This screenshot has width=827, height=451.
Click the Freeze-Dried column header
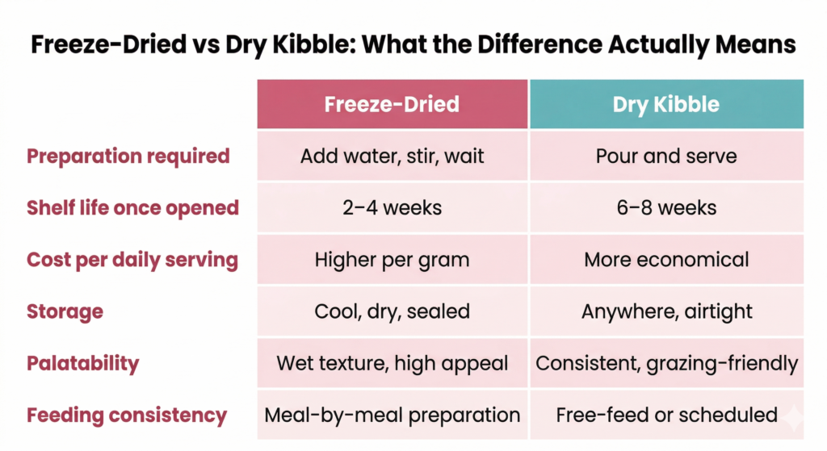point(392,104)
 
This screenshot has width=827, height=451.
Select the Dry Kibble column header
point(666,104)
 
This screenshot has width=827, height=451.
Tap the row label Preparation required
point(128,156)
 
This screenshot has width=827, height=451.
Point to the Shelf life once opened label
point(133,207)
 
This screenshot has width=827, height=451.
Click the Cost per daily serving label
point(132,260)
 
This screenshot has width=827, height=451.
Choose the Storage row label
point(65,311)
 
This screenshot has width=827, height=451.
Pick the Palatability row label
point(82,363)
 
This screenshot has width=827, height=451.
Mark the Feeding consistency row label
point(127,416)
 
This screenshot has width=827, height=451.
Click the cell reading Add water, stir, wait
point(392,156)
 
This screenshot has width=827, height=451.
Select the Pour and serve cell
point(666,156)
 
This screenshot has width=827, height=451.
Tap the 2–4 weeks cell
point(392,207)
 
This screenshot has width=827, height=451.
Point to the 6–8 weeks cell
point(666,207)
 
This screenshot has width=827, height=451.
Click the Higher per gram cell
point(392,260)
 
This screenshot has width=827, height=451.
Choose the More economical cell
point(666,260)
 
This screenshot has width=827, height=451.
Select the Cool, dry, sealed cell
point(392,311)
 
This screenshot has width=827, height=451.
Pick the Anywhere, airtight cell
point(666,311)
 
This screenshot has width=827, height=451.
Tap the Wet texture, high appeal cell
point(392,363)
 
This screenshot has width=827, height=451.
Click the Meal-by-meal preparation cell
point(392,416)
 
